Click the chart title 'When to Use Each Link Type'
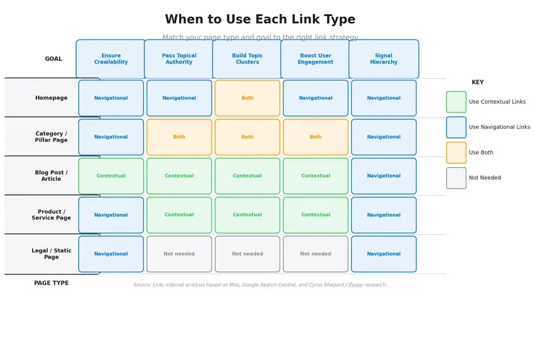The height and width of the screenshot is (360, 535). [260, 19]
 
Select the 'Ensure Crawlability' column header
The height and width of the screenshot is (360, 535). [111, 59]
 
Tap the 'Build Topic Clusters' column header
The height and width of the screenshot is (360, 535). [247, 59]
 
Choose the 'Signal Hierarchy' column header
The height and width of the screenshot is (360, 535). [384, 59]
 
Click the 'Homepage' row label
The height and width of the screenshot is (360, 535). [51, 98]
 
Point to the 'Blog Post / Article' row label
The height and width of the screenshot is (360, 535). [51, 176]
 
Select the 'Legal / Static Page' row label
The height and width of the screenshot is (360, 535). [51, 254]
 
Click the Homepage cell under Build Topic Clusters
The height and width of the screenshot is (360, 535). [247, 98]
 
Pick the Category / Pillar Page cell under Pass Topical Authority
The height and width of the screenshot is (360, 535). [179, 137]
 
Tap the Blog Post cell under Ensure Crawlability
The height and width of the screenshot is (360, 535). [111, 176]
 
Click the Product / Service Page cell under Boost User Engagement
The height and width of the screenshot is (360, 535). [316, 215]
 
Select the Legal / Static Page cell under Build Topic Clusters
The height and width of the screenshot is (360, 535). [247, 254]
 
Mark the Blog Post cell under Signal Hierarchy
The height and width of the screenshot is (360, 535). [384, 176]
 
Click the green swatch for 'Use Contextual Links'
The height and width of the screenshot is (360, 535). [456, 102]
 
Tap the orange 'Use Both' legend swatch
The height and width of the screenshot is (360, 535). [456, 153]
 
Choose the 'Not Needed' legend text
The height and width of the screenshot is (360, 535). [485, 178]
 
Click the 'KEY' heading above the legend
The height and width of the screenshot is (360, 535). [477, 82]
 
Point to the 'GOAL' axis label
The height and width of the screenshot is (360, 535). [53, 59]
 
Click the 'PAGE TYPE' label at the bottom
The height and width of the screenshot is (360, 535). [51, 283]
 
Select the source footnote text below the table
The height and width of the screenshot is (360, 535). [260, 284]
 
